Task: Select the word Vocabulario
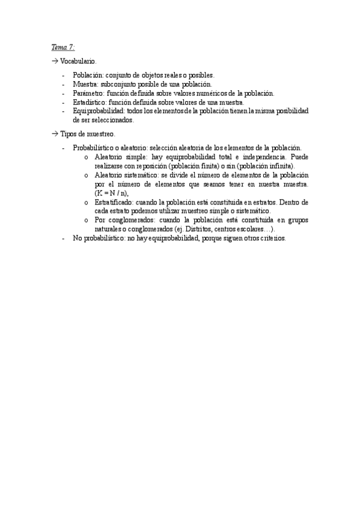[77, 62]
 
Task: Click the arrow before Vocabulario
[53, 62]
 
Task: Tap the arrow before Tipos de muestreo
[53, 134]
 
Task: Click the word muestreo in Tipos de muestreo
[100, 134]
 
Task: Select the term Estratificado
[113, 202]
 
